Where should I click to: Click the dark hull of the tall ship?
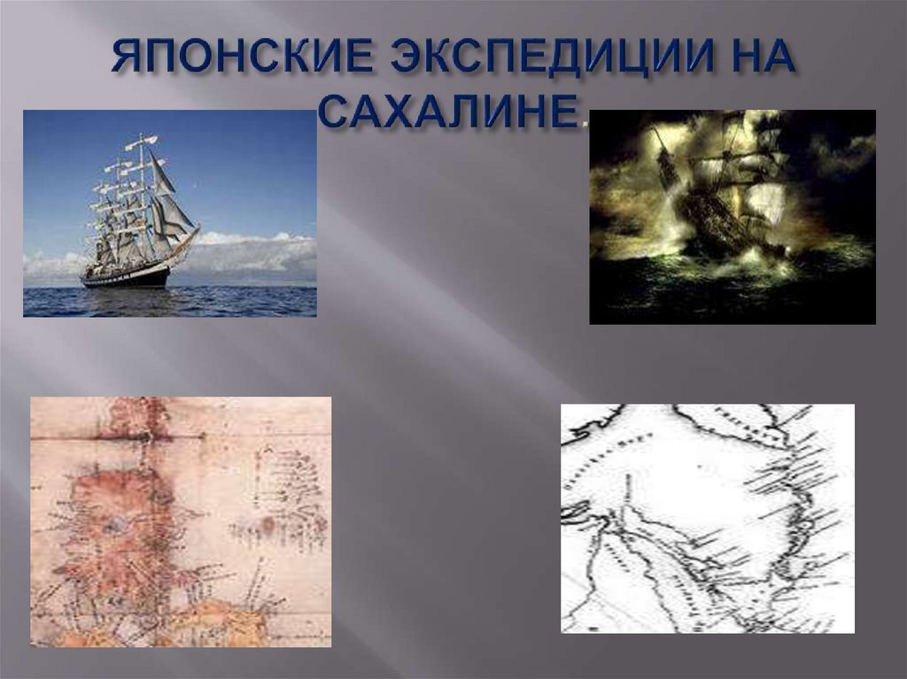(x=124, y=278)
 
